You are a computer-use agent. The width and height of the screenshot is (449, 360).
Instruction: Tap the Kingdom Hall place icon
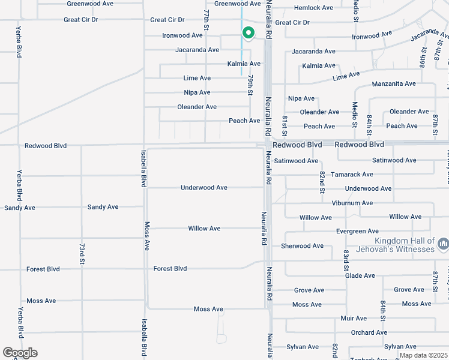click(444, 244)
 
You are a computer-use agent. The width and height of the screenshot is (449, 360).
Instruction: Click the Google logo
click(20, 353)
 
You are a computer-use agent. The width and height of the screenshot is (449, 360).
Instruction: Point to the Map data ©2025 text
click(424, 355)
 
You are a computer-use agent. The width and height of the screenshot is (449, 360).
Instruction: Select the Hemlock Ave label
click(313, 8)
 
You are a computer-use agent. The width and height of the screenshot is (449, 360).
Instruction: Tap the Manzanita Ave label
click(393, 83)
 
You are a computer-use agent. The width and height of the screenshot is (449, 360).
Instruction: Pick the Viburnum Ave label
click(352, 203)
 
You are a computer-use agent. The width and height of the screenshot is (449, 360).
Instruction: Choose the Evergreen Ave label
click(357, 231)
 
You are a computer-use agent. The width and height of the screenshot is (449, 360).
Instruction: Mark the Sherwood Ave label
click(302, 245)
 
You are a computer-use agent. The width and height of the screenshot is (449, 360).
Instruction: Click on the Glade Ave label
click(360, 275)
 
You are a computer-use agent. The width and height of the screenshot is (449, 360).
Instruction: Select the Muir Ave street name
click(353, 318)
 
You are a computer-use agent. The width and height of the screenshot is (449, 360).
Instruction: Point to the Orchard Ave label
click(369, 332)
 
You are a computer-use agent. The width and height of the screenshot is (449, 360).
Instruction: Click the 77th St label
click(206, 20)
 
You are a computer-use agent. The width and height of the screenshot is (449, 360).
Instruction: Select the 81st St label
click(285, 125)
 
